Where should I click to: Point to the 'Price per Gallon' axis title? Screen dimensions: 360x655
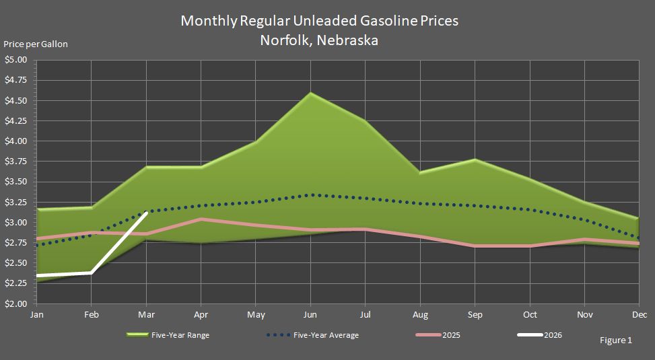(x=36, y=44)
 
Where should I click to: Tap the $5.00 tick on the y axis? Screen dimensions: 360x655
(x=16, y=60)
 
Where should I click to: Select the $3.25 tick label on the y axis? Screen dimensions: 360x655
(x=16, y=202)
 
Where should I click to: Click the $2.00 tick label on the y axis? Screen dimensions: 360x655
(x=16, y=303)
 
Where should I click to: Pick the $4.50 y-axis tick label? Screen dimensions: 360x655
(x=16, y=101)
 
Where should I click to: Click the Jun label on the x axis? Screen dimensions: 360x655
(x=310, y=314)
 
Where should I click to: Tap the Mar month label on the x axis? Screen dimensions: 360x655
(x=146, y=314)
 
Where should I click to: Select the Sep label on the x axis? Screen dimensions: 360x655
(x=475, y=314)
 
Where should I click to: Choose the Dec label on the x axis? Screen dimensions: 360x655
(x=640, y=314)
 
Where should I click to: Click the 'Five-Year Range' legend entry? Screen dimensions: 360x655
(x=168, y=335)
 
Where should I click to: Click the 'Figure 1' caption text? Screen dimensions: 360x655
(x=615, y=340)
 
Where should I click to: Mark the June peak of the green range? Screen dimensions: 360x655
(x=310, y=93)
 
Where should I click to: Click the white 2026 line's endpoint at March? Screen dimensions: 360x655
(x=146, y=212)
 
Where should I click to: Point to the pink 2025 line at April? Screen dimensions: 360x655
(x=201, y=219)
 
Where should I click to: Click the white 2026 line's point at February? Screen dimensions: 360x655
(x=91, y=273)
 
